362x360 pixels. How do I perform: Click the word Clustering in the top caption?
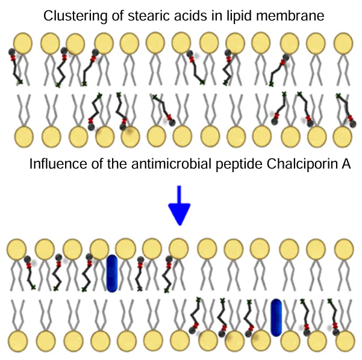pos(70,14)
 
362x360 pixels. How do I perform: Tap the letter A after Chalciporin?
pos(346,163)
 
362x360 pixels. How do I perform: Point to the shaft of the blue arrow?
pos(179,194)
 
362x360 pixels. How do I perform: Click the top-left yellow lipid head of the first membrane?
pos(22,43)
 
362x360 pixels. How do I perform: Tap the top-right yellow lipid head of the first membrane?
pos(344,43)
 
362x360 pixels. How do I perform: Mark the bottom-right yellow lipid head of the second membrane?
pos(344,341)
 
